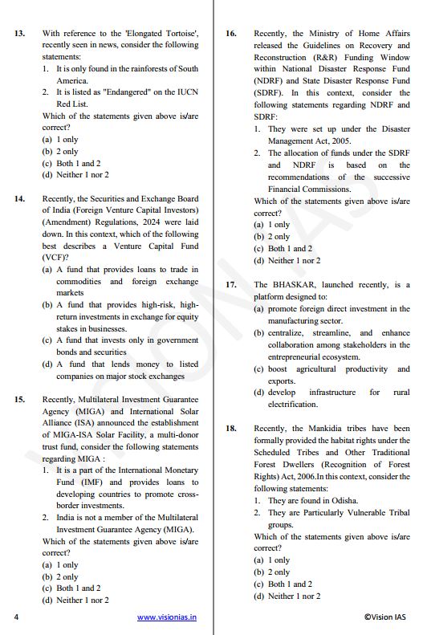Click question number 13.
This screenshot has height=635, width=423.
click(19, 33)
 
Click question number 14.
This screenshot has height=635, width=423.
click(19, 198)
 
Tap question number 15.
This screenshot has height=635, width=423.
click(19, 398)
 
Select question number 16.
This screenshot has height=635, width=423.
click(230, 33)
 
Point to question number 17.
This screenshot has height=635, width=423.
click(230, 284)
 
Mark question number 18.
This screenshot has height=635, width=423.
click(230, 429)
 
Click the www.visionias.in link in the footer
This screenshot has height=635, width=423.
click(167, 617)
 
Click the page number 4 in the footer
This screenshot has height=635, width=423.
click(16, 617)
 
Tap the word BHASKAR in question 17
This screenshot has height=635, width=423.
click(299, 284)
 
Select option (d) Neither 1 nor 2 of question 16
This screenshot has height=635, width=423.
click(287, 260)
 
